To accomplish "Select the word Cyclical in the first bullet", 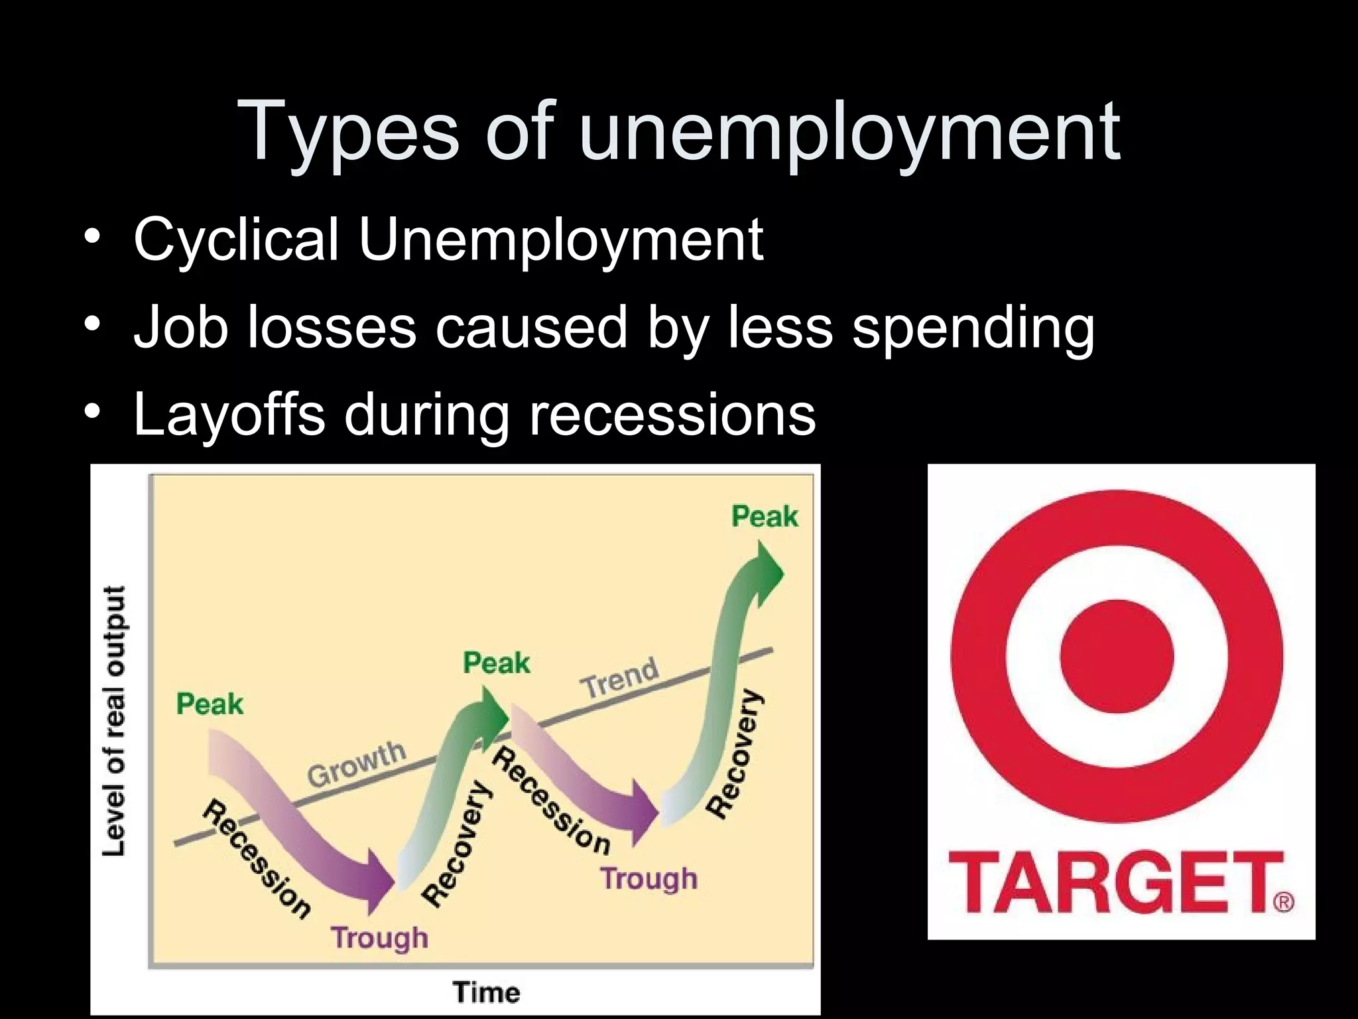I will tap(236, 239).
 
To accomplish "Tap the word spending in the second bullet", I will tap(973, 328).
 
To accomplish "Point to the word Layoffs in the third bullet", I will tap(229, 414).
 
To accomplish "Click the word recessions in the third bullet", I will tap(672, 415).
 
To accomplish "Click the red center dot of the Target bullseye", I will tap(1117, 656).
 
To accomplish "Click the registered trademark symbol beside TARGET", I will tap(1284, 902).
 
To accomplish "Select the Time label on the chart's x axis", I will tap(486, 992).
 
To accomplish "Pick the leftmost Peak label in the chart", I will tap(210, 704).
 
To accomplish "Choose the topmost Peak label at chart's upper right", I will tap(765, 516).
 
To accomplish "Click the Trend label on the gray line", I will tap(620, 677).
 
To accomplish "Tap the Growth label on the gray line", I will tap(357, 763).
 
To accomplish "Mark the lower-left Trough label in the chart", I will tap(380, 938).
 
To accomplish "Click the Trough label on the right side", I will tap(649, 878).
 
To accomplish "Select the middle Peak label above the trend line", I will tap(497, 663).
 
